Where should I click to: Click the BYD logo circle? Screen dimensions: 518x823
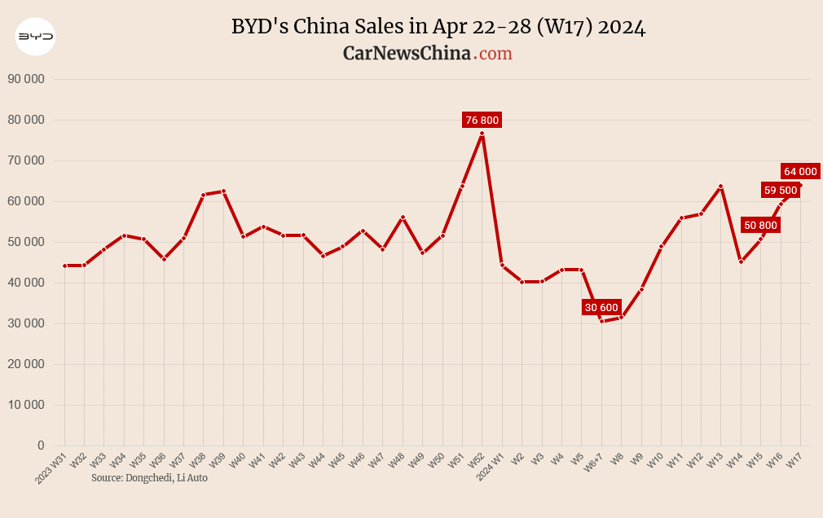pos(36,37)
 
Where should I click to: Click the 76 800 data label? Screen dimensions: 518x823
pos(482,120)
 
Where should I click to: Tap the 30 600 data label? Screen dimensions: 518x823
pos(602,307)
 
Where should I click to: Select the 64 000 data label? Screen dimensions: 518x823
pos(800,171)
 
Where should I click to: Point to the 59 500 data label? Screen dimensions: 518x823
pos(780,190)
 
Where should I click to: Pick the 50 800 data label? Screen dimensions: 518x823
pos(761,225)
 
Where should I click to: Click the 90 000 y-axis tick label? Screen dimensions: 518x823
pos(25,79)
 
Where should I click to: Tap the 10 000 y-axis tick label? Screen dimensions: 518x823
pos(25,405)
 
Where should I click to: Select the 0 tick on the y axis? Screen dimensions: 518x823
pos(40,446)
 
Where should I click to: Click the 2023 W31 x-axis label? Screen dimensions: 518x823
pos(51,470)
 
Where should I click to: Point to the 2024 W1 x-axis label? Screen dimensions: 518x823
pos(490,469)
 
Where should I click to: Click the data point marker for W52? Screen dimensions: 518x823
pos(482,133)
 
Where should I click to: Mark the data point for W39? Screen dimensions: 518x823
pos(223,191)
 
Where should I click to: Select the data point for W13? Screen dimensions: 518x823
pos(720,187)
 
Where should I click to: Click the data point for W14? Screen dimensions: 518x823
pos(741,261)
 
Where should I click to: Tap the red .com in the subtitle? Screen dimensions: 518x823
pos(494,53)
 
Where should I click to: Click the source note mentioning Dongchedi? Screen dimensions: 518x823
pos(149,478)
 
